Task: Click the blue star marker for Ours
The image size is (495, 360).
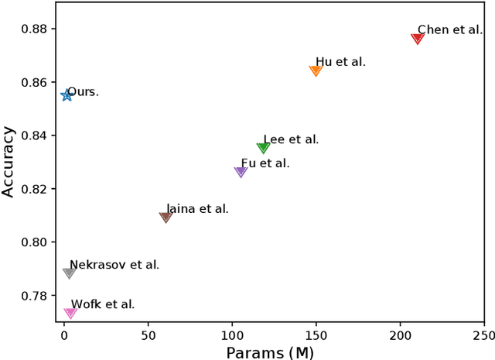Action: [67, 95]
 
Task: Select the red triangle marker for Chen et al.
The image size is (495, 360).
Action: [418, 38]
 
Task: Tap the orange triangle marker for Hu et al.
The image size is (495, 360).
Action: [316, 70]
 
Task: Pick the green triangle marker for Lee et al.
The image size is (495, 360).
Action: [263, 148]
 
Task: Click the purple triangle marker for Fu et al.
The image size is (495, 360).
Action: [241, 172]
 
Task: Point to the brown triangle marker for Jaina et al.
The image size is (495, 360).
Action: [166, 217]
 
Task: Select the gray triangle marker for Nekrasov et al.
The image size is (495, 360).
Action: [69, 273]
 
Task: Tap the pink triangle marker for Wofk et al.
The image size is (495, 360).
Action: [70, 313]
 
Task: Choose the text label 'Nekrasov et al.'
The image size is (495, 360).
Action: [114, 265]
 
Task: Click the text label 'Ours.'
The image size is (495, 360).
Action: [84, 92]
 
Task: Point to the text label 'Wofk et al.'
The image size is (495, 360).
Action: [103, 304]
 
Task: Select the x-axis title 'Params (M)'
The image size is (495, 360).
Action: [270, 353]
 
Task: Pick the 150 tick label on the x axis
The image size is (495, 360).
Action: [316, 337]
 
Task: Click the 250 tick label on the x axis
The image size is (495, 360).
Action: [483, 337]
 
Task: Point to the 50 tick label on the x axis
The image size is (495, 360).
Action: [148, 337]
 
